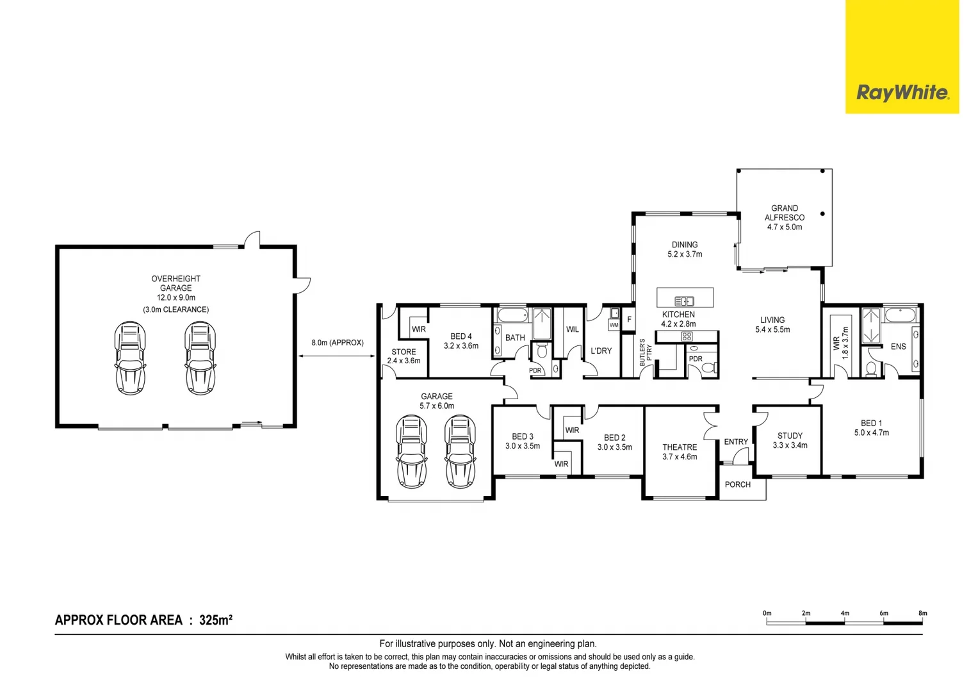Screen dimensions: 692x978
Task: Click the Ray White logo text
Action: [902, 94]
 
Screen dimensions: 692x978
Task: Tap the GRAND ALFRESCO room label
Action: [785, 213]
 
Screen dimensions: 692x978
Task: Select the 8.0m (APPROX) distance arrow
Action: [337, 356]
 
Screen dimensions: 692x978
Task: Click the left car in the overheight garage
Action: [130, 358]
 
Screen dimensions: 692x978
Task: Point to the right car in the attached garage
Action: [460, 451]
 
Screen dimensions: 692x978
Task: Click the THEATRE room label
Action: [680, 447]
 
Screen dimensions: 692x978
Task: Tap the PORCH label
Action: [737, 484]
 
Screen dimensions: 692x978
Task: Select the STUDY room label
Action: [790, 436]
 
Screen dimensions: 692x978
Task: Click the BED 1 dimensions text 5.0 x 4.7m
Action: [871, 432]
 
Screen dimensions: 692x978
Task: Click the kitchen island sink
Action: [684, 301]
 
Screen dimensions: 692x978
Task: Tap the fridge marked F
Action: [629, 319]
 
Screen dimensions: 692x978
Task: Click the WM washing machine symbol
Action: [614, 325]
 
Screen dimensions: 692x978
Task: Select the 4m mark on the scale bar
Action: [845, 614]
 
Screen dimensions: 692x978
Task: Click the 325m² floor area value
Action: [216, 620]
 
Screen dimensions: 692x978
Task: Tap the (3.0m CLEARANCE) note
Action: [175, 309]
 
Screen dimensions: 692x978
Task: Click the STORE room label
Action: [403, 352]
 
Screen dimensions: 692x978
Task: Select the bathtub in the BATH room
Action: [512, 315]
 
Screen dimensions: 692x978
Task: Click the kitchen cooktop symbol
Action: [687, 336]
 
